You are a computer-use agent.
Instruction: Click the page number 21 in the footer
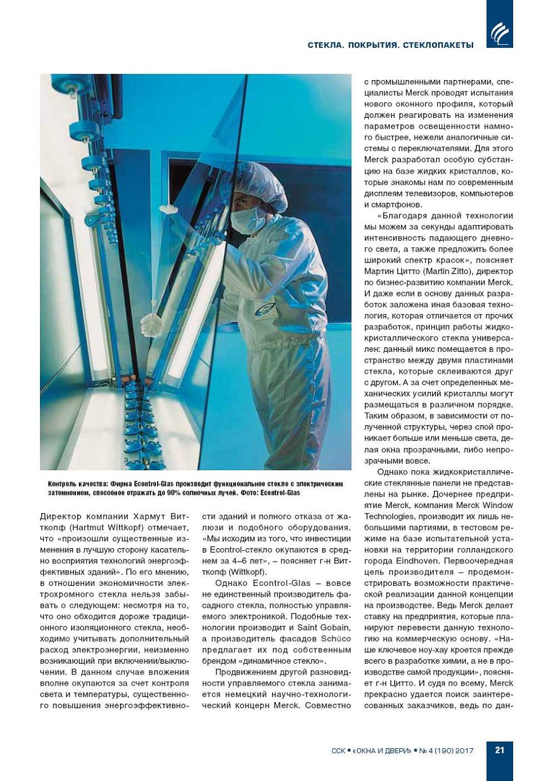click(x=500, y=750)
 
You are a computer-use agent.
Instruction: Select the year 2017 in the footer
click(x=465, y=751)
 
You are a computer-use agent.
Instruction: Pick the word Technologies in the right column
click(x=389, y=517)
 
